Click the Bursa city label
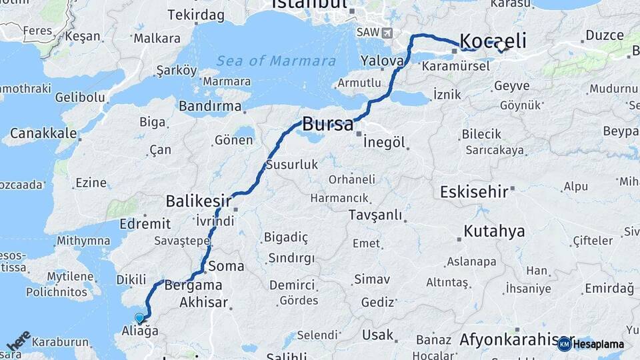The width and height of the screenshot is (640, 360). tap(327, 124)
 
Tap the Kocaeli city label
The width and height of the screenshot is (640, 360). tap(493, 40)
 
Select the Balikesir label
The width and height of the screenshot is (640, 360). tap(198, 200)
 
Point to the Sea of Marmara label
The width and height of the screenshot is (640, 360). tap(275, 61)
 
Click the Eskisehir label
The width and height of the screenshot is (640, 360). tap(474, 192)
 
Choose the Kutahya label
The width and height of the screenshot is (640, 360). tap(494, 231)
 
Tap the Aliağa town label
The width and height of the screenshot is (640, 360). tap(139, 331)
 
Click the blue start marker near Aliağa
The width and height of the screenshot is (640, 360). tap(139, 318)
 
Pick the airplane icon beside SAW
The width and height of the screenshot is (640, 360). tap(388, 32)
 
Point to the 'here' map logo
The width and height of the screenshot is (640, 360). tap(18, 341)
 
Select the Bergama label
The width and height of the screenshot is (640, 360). tap(183, 283)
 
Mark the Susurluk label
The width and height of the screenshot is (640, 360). tap(291, 164)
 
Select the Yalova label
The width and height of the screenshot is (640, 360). tap(382, 61)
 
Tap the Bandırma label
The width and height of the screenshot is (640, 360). tap(209, 106)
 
